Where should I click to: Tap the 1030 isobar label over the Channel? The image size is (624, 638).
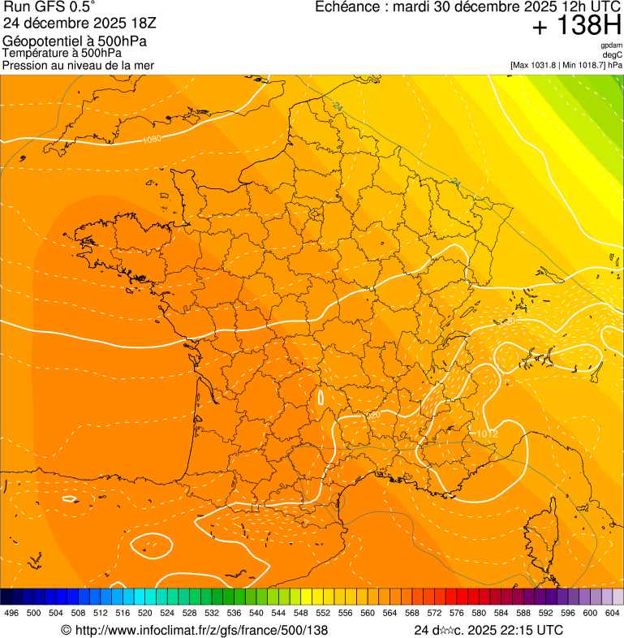coord(151,140)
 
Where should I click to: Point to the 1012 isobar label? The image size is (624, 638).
coord(487,434)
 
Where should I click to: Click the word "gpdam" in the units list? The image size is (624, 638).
coord(612,45)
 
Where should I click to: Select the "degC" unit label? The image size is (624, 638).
coord(613,54)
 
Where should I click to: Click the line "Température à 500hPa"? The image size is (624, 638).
coord(58,53)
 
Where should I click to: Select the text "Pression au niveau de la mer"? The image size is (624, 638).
coord(78,65)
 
